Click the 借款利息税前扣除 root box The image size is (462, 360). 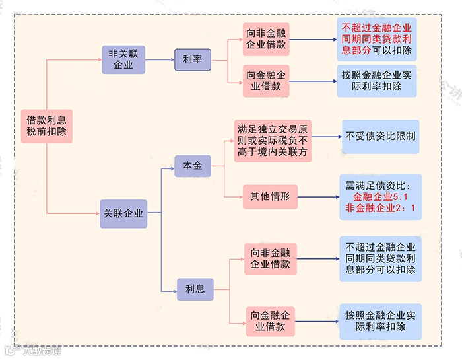[x=47, y=126]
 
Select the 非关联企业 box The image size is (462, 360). [x=123, y=59]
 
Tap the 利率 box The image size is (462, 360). [x=193, y=59]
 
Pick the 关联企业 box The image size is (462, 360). [x=123, y=213]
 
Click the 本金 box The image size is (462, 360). [x=193, y=165]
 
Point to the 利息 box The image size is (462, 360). [x=195, y=289]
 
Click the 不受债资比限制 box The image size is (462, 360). [x=380, y=137]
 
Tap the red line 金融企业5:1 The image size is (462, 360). [x=380, y=197]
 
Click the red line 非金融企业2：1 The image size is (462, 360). [x=380, y=209]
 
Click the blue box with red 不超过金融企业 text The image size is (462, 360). [x=377, y=39]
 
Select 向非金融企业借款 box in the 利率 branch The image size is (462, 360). [x=267, y=39]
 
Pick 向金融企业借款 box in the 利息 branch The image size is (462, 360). [x=270, y=320]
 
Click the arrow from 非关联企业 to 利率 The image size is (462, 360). [x=160, y=59]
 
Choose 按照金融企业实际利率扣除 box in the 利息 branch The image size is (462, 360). [x=380, y=320]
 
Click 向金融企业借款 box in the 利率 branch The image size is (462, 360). [x=267, y=80]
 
